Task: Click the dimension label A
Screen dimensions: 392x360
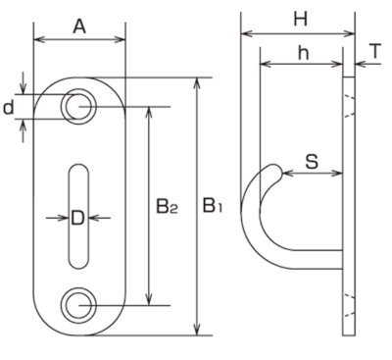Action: [x=79, y=26]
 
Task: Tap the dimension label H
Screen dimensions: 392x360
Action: [x=300, y=19]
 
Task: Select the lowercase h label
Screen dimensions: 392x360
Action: [x=304, y=53]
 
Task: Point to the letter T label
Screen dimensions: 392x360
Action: [x=376, y=51]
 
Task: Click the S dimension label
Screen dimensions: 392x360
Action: [x=312, y=162]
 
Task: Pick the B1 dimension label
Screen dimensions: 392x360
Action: [x=213, y=206]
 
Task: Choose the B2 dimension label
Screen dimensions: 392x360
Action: [x=167, y=207]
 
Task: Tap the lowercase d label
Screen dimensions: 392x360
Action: [x=9, y=108]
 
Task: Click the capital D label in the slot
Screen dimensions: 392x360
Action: [x=77, y=218]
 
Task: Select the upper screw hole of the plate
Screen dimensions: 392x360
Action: [x=78, y=107]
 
